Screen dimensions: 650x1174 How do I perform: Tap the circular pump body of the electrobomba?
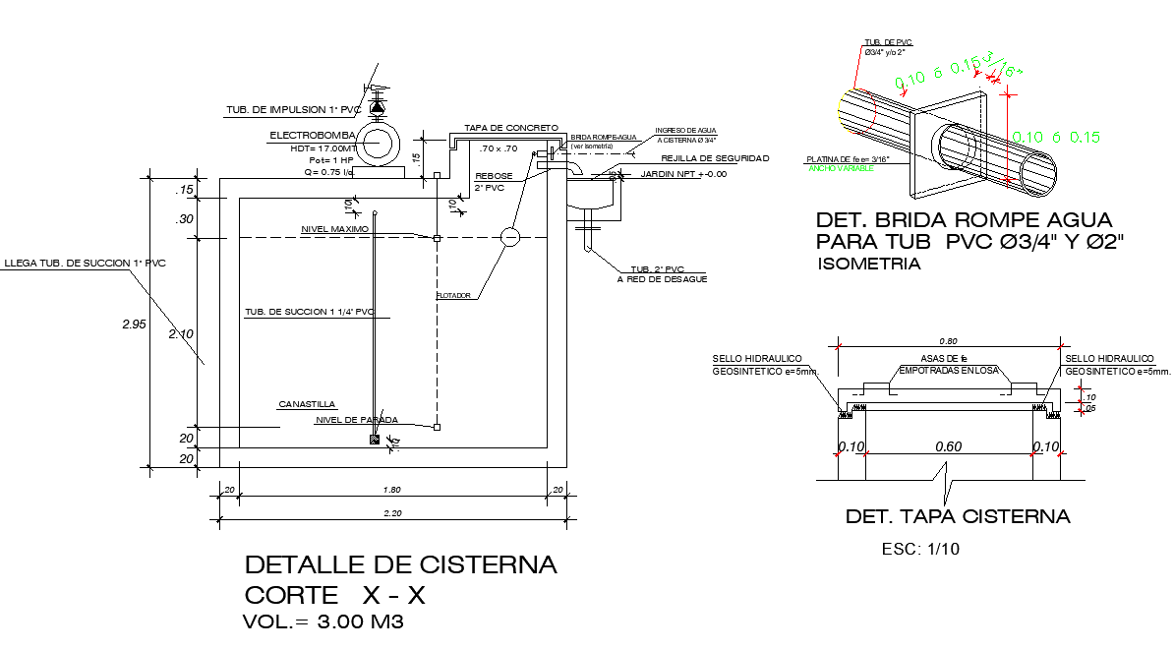click(378, 145)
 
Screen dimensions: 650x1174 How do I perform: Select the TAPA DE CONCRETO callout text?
click(511, 128)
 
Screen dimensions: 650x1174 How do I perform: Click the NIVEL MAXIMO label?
click(334, 229)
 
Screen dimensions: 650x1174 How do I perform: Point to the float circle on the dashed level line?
click(509, 237)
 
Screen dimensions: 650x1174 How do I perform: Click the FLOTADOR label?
click(454, 295)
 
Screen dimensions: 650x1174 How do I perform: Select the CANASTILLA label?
click(307, 404)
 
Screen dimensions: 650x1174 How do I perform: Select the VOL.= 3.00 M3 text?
click(323, 621)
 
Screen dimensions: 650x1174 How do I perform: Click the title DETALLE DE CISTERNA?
click(400, 565)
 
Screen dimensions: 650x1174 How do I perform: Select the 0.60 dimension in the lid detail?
click(948, 447)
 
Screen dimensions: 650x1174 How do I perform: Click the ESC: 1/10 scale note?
click(920, 550)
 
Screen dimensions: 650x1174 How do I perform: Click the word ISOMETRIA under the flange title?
click(869, 264)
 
